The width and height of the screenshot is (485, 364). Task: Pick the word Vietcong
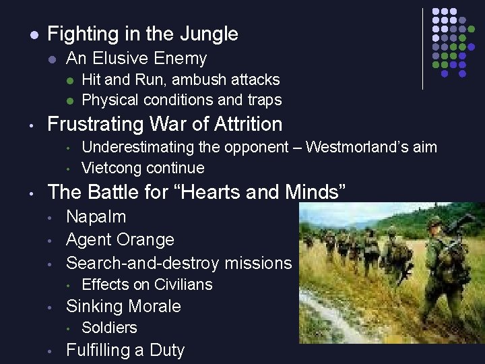tap(112, 168)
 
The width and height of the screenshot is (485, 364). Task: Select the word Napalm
tap(96, 217)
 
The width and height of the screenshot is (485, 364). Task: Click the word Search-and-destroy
tap(141, 262)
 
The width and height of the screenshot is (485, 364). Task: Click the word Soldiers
tap(109, 328)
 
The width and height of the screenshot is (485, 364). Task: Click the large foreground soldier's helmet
tap(437, 223)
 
